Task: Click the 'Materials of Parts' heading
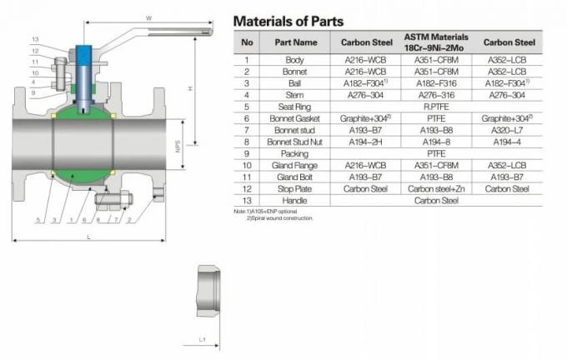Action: (x=288, y=21)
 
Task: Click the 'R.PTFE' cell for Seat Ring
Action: (x=436, y=107)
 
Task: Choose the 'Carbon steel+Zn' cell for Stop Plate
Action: (x=436, y=189)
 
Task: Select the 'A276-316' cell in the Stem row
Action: (x=436, y=95)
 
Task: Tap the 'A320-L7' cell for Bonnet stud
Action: (x=507, y=130)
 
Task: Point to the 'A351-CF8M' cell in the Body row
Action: (x=436, y=60)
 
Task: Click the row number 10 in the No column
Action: (x=247, y=166)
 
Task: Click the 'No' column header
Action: (x=247, y=42)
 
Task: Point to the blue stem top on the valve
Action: (x=85, y=52)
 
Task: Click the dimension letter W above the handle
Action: (x=148, y=16)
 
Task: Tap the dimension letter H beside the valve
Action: (x=191, y=88)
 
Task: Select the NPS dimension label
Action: (x=177, y=147)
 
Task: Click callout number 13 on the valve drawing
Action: (x=35, y=39)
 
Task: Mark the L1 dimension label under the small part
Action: (x=202, y=339)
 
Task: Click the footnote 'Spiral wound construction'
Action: (x=279, y=218)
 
